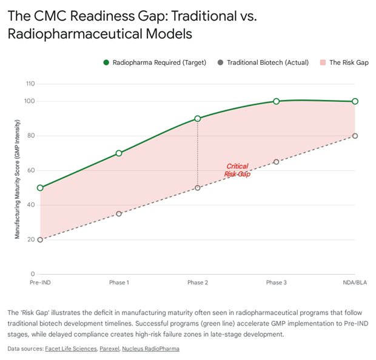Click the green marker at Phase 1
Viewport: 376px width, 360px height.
[x=119, y=153]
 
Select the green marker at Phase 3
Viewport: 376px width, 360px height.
[x=276, y=101]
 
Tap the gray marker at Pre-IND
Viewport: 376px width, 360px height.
[x=40, y=239]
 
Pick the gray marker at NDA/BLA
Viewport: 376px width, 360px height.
[x=355, y=136]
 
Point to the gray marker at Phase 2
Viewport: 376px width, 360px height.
[x=198, y=188]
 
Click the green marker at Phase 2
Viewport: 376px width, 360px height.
[x=198, y=119]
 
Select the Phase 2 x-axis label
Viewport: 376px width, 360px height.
[x=198, y=283]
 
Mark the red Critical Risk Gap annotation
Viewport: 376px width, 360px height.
[x=237, y=170]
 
